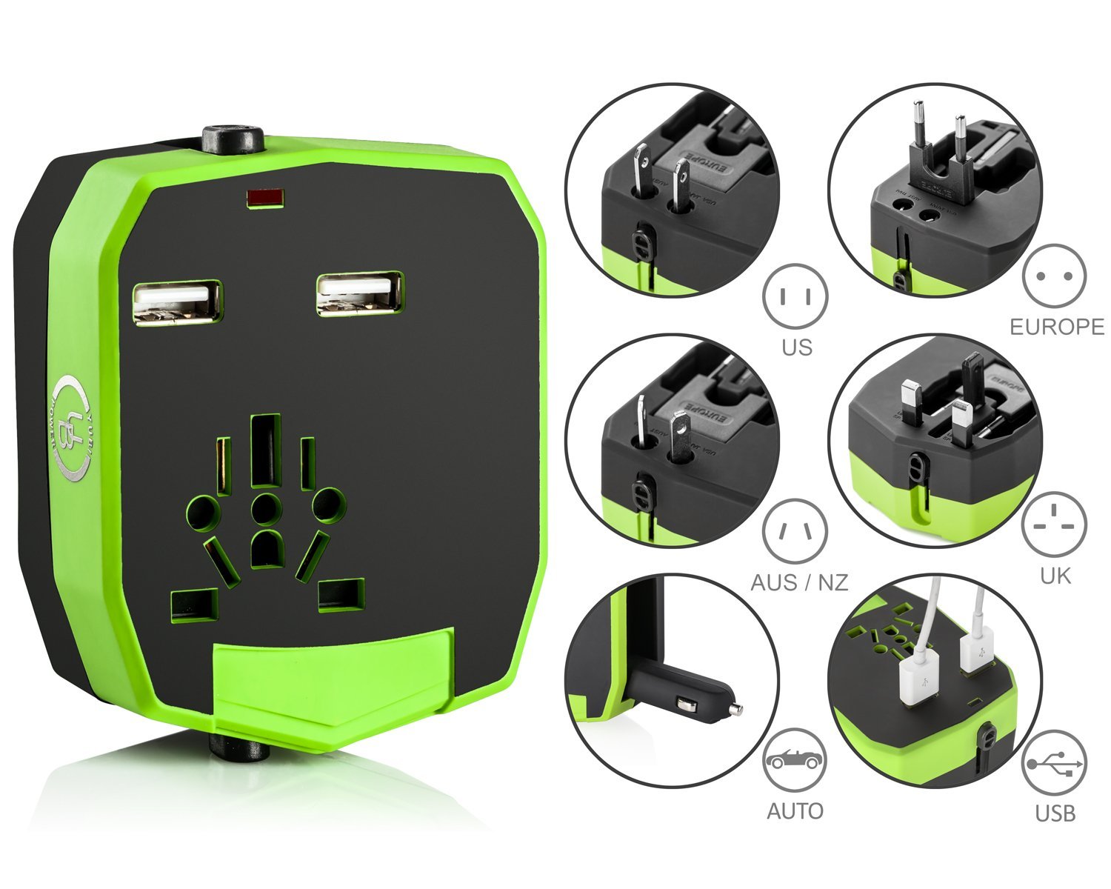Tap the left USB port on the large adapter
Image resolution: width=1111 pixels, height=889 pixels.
[177, 301]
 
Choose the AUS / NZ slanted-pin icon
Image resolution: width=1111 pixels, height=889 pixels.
[795, 531]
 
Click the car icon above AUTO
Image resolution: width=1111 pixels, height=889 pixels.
[795, 760]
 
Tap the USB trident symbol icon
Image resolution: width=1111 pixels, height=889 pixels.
[1054, 763]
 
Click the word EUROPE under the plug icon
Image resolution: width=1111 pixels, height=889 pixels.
[1057, 327]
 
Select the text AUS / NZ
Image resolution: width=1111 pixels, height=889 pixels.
[799, 582]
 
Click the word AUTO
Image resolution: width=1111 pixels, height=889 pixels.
[795, 811]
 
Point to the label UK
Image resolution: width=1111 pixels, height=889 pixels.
[1055, 576]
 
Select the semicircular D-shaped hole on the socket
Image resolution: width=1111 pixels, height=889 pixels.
[267, 548]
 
